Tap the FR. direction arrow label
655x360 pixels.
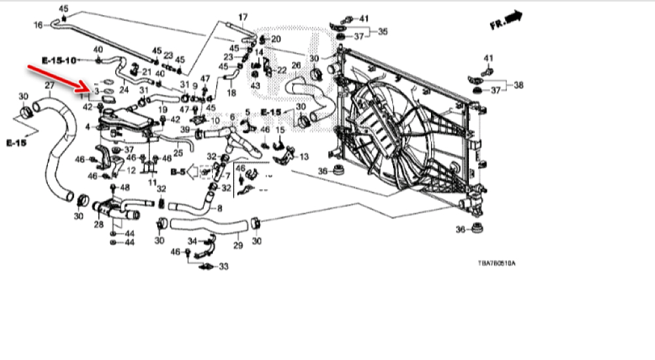[x=505, y=21]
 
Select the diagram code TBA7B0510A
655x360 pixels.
[x=496, y=263]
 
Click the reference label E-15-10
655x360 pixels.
[x=59, y=60]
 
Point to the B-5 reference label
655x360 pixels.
[x=178, y=171]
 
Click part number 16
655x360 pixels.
[x=38, y=25]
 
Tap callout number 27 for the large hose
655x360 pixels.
[x=48, y=86]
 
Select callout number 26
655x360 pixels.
[x=295, y=65]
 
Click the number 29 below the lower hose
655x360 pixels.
[x=238, y=246]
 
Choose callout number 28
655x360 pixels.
[x=99, y=225]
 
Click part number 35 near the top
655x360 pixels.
[x=383, y=31]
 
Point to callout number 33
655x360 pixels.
[x=223, y=266]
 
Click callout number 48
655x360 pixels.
[x=126, y=187]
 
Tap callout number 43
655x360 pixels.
[x=255, y=86]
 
